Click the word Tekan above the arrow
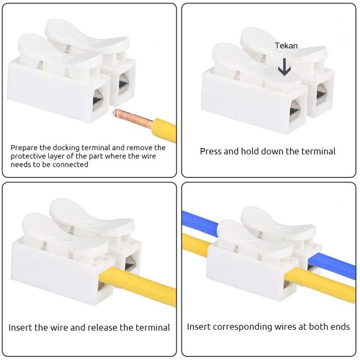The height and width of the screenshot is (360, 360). coord(286,46)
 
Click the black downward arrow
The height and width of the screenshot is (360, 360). coord(284,66)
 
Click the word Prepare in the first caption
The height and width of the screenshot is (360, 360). coord(24,148)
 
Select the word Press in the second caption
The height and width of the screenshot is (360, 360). coord(211,151)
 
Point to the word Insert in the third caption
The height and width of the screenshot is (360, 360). coord(20,328)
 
